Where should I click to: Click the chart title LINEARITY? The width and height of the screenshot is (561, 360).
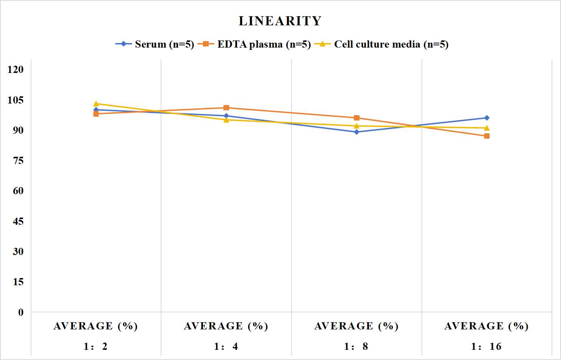280,21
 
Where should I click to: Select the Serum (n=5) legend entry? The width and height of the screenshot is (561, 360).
155,44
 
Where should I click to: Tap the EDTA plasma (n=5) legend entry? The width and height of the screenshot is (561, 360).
254,44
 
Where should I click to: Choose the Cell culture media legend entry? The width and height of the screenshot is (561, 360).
381,44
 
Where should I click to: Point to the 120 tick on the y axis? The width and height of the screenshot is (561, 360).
15,70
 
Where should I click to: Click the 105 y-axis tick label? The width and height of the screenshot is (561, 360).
15,100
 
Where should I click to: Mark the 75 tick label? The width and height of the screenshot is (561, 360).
18,161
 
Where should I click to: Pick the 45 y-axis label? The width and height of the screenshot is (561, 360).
18,221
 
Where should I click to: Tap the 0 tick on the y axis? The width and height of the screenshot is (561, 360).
21,312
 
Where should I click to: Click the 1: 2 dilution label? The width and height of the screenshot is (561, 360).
96,346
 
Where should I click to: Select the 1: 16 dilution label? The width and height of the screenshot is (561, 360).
487,346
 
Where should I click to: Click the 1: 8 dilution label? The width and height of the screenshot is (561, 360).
356,346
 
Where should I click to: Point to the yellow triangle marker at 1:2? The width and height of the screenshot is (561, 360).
96,104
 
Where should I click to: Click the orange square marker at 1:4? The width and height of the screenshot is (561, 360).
226,108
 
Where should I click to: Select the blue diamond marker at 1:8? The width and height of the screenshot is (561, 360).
356,132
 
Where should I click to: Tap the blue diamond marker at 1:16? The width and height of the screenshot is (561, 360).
487,117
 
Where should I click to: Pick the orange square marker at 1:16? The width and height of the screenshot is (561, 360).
487,136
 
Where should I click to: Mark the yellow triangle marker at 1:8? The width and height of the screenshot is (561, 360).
356,126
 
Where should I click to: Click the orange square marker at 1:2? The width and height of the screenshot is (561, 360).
96,114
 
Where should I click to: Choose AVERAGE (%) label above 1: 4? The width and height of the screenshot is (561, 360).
226,326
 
